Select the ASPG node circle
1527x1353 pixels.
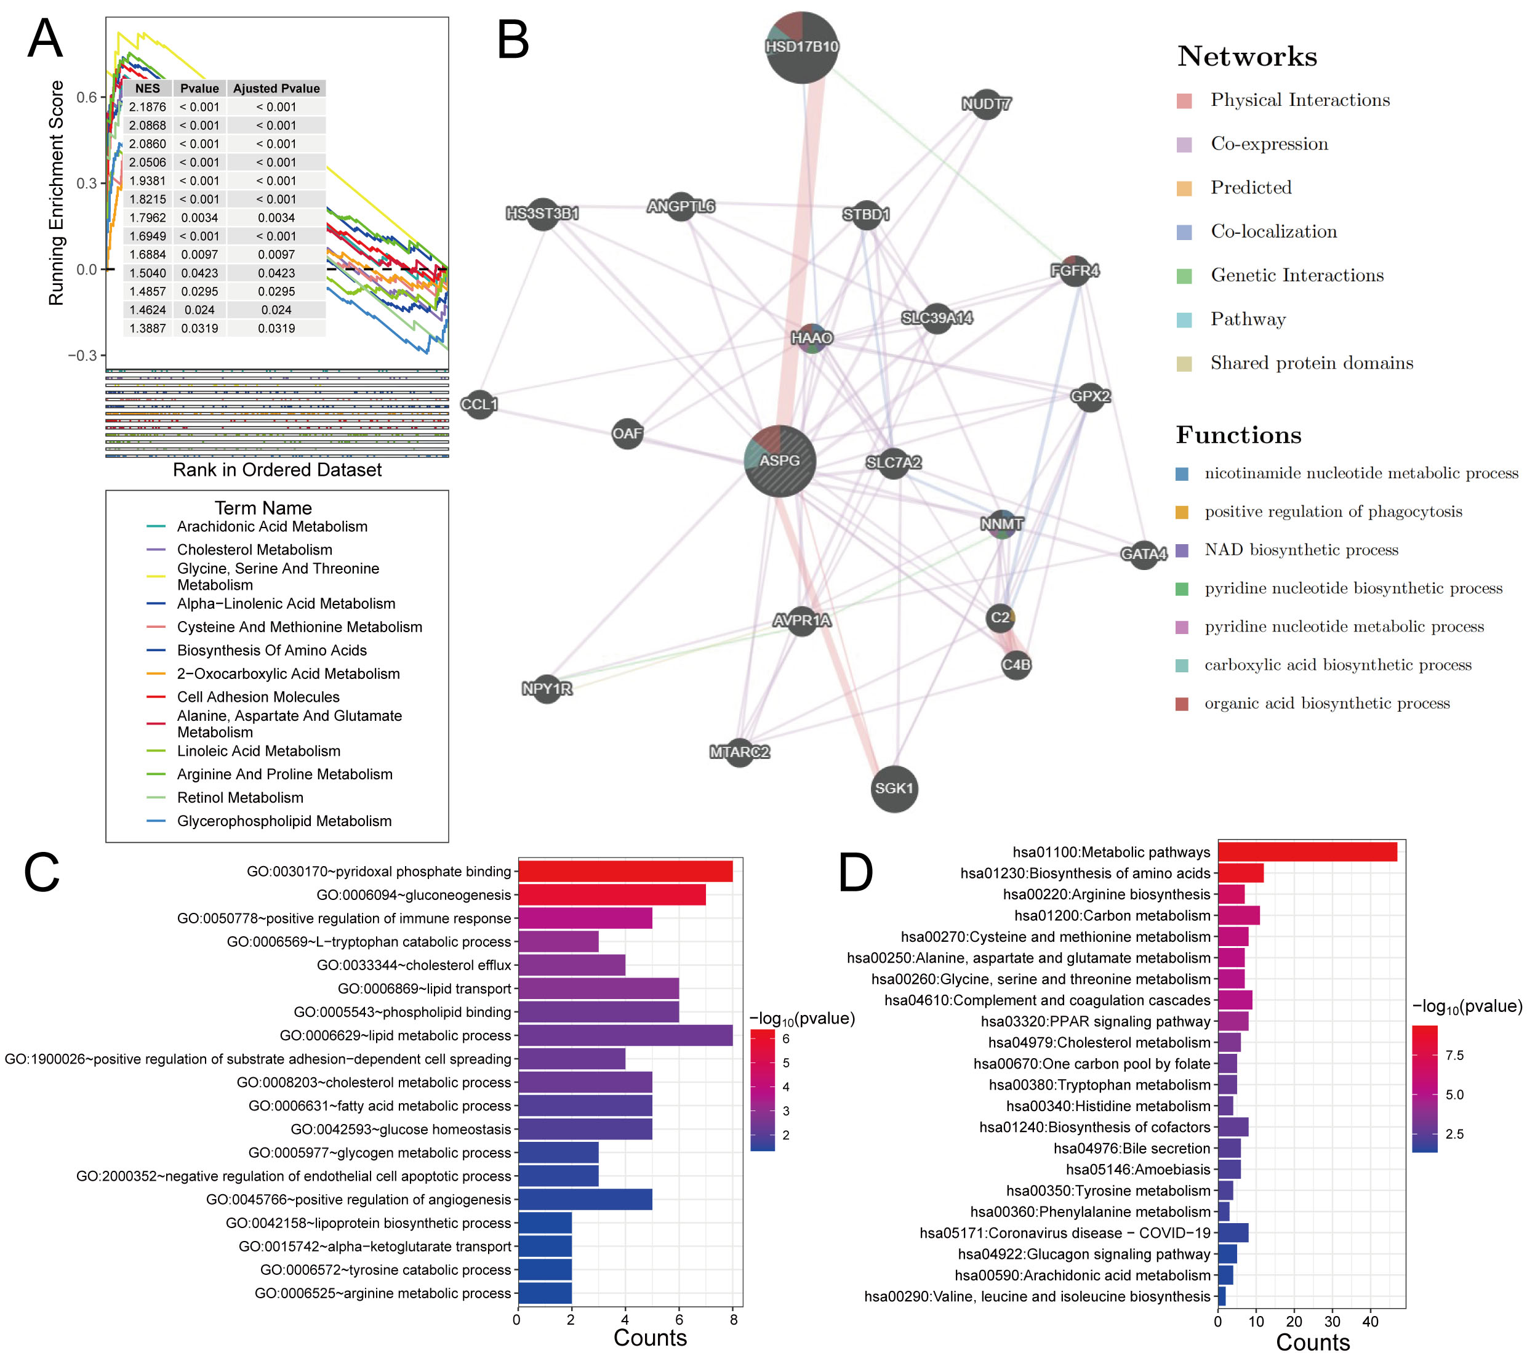[780, 461]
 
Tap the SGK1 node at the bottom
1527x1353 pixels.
[894, 788]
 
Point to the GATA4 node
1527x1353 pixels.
[1144, 553]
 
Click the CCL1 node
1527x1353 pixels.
[479, 404]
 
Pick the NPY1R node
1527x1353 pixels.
[547, 688]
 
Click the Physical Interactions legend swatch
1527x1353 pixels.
[1184, 101]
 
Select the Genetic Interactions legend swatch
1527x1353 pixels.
[1184, 276]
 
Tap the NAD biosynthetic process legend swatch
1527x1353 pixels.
[1182, 550]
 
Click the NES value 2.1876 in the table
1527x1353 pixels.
[147, 107]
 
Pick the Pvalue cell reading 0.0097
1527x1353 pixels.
[199, 254]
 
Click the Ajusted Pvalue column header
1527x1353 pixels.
[276, 88]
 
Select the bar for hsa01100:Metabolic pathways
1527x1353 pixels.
[1307, 852]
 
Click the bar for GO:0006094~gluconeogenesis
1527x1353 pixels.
[612, 894]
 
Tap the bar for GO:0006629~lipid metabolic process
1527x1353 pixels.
[625, 1035]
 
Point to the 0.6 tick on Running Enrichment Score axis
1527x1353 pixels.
[87, 97]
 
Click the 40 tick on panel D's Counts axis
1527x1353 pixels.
[1370, 1321]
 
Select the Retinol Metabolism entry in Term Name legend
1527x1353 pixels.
[240, 797]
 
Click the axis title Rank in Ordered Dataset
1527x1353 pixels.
[277, 469]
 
